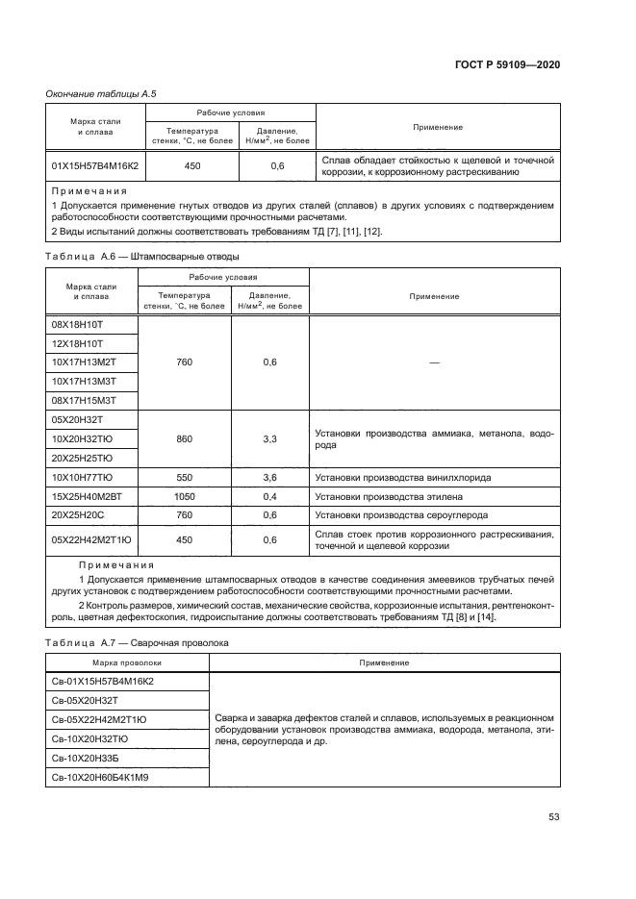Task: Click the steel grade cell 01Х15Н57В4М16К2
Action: click(x=94, y=166)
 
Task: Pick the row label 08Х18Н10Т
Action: click(x=77, y=325)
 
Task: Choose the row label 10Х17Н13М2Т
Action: click(x=84, y=362)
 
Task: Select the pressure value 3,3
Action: click(x=269, y=438)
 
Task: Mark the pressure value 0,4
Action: click(x=269, y=496)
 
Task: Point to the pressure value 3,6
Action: click(x=269, y=477)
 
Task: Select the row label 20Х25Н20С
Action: click(x=79, y=514)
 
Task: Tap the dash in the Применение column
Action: click(x=434, y=362)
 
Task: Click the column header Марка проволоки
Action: click(x=127, y=662)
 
